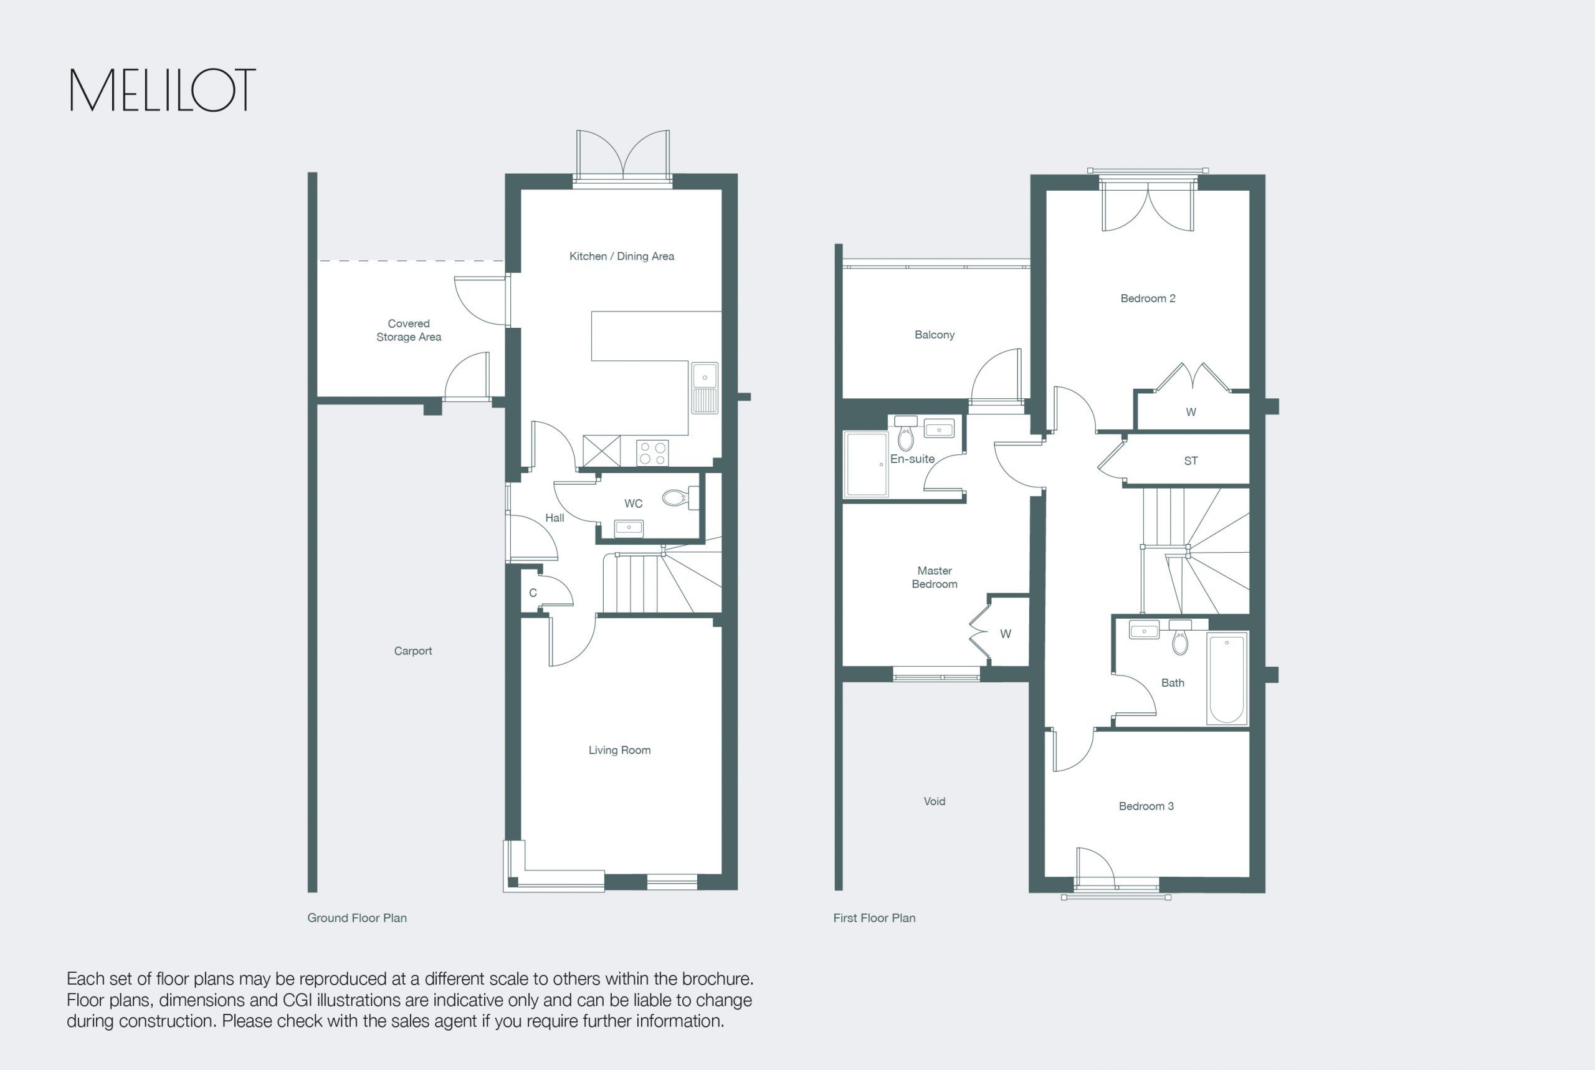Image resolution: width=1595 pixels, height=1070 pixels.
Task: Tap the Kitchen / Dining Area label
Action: pos(622,256)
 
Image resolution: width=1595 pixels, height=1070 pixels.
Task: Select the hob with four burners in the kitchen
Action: pos(652,453)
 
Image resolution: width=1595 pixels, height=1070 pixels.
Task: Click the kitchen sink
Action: pos(705,388)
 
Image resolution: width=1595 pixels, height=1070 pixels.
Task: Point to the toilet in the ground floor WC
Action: pos(680,497)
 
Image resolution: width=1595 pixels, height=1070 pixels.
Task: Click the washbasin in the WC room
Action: pos(628,527)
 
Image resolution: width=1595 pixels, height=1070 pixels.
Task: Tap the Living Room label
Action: pos(619,750)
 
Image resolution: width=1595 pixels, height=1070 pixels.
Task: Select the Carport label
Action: pos(412,651)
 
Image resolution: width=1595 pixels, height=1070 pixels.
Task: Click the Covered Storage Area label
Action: pos(409,330)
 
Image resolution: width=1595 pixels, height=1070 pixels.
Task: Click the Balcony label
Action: pos(935,335)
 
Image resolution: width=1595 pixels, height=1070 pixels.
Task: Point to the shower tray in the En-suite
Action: pos(865,464)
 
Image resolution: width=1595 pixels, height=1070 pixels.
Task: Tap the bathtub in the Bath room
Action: pos(1227,677)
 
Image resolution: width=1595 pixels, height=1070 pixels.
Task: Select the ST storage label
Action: pos(1191,461)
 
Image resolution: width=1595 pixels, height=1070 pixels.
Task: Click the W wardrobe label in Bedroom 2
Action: pos(1191,412)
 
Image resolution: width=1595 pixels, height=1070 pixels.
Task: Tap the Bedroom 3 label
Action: pos(1146,806)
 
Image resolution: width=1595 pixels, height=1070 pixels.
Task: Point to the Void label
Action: pos(935,801)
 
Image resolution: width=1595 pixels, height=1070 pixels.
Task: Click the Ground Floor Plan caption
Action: pos(357,918)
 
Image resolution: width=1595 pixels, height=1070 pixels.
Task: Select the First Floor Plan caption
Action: pos(874,918)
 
